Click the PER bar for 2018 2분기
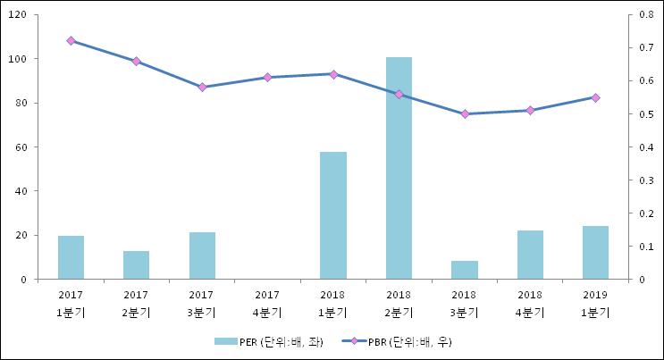coord(399,168)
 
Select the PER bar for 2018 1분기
coord(333,215)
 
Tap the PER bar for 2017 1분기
coord(71,257)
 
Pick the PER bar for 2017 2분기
coord(136,265)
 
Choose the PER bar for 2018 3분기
coord(464,270)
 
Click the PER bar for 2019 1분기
coord(595,253)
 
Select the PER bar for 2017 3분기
coord(202,255)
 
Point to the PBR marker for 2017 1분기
coord(71,40)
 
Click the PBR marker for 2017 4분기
coord(267,78)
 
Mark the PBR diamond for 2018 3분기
coord(464,114)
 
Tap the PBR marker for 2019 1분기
coord(595,97)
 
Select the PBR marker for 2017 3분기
coord(202,88)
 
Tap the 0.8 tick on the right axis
coord(646,15)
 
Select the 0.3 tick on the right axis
coord(646,180)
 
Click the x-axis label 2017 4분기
coord(267,303)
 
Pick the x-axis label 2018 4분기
coord(530,303)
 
